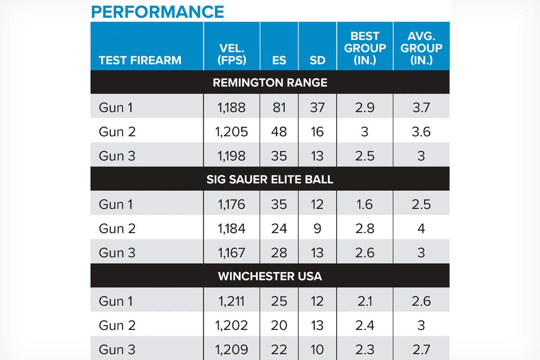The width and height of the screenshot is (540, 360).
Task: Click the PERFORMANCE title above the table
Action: (157, 11)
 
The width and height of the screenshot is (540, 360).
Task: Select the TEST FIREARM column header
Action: (140, 60)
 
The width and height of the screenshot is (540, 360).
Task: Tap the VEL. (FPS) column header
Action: (232, 54)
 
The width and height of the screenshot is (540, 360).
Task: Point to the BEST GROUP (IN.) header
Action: (364, 48)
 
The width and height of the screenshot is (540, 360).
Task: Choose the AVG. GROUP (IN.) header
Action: (421, 48)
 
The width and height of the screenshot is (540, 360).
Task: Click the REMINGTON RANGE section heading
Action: (270, 83)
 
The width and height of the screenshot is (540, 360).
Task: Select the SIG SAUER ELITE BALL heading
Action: (270, 179)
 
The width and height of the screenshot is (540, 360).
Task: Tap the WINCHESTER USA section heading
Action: (270, 276)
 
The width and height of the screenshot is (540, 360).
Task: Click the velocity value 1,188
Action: (232, 108)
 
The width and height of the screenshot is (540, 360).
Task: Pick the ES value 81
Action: (279, 108)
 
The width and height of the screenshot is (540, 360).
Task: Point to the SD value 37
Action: (317, 108)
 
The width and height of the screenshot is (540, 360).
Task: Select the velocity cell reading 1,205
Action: (232, 131)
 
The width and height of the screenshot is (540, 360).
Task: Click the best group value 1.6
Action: (364, 204)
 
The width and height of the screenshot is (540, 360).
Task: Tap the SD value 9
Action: (317, 229)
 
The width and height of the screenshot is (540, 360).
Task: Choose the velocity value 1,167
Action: (232, 252)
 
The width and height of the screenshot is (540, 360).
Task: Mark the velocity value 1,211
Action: (232, 301)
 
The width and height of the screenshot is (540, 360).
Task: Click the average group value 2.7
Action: (421, 349)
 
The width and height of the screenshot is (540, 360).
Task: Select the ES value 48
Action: (279, 131)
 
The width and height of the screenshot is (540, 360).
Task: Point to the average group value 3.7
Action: (421, 108)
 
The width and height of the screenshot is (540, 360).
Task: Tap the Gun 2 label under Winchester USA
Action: (117, 325)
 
